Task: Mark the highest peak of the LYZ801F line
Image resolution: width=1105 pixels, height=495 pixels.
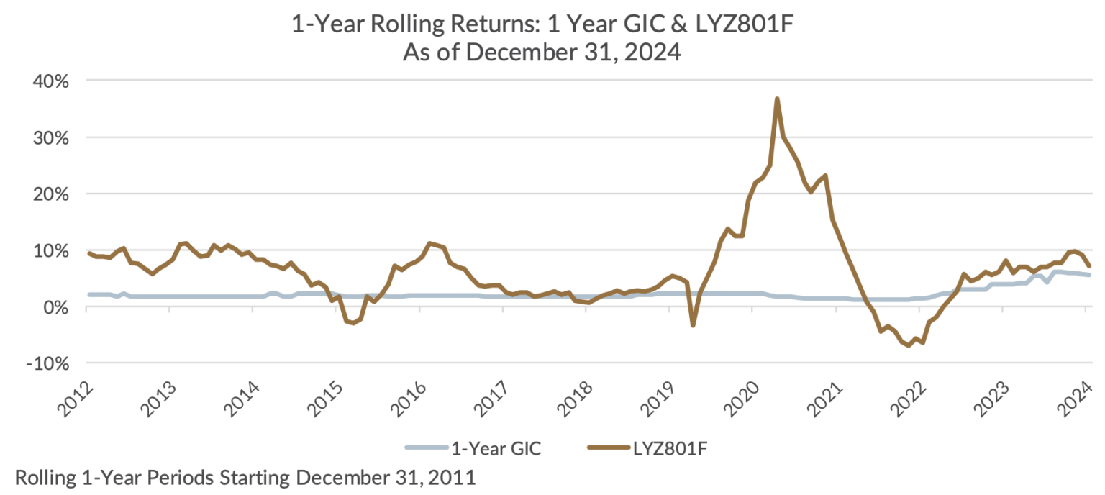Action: click(777, 99)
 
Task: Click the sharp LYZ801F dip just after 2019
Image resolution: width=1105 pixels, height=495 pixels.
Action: click(693, 325)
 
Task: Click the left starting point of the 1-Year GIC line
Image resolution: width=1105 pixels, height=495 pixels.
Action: click(88, 294)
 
